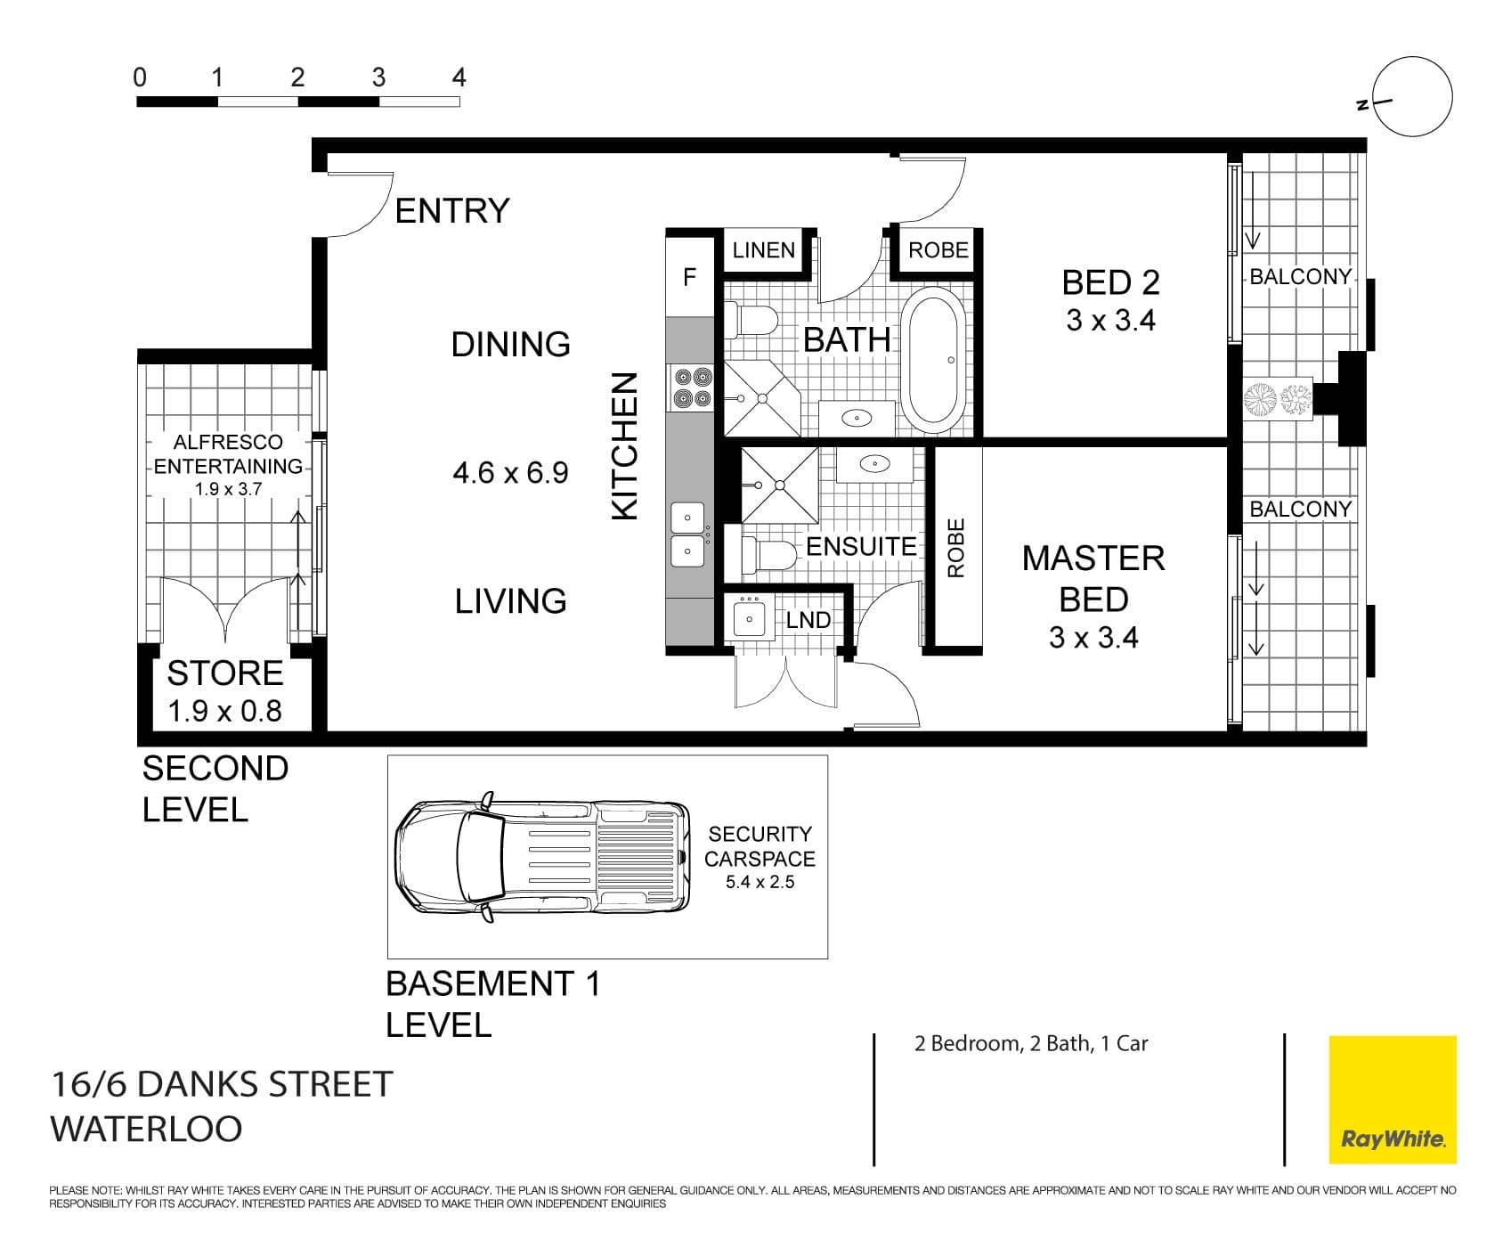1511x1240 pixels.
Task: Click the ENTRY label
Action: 451,211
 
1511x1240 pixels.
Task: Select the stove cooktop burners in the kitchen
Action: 692,387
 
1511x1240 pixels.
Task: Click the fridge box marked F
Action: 689,277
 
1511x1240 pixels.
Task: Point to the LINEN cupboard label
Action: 763,251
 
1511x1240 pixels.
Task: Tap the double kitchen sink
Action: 688,534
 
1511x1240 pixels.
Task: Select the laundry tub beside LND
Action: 749,617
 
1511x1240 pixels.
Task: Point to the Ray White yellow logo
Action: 1392,1099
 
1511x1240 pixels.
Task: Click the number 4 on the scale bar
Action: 459,78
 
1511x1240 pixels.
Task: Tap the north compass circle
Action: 1412,97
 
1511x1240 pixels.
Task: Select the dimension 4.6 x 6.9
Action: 510,472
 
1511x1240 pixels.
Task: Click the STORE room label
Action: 224,673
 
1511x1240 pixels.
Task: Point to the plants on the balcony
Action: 1278,398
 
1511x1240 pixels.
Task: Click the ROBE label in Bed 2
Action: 938,251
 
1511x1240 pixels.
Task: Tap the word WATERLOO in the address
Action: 146,1129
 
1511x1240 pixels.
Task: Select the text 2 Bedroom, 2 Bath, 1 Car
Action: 1030,1043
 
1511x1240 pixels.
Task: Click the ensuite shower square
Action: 779,485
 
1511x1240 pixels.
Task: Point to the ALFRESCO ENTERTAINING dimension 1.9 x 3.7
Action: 228,489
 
